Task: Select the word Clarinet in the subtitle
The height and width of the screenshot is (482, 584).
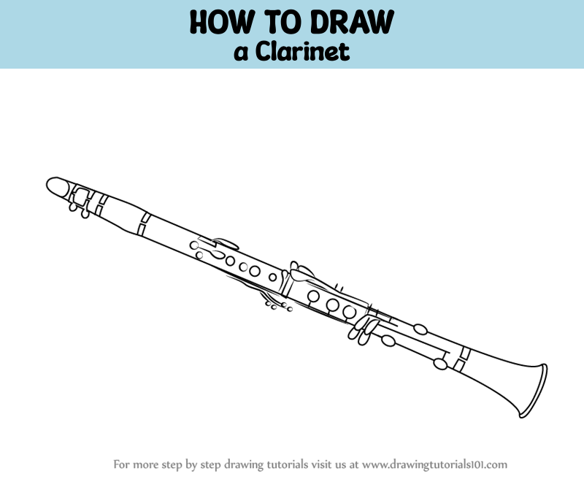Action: click(302, 51)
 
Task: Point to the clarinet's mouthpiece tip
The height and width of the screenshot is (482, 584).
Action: click(48, 184)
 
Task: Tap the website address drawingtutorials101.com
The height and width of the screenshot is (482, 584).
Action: click(434, 464)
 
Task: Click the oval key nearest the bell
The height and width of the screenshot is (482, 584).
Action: click(441, 364)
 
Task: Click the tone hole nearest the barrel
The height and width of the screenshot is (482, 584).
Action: click(194, 245)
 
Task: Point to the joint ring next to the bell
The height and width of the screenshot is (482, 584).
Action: click(463, 359)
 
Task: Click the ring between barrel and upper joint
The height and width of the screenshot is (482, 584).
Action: click(143, 224)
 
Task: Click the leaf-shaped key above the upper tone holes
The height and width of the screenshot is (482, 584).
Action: click(226, 244)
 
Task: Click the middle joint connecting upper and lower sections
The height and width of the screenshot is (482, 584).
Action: click(287, 283)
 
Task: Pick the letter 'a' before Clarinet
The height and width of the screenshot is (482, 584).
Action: click(241, 53)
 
